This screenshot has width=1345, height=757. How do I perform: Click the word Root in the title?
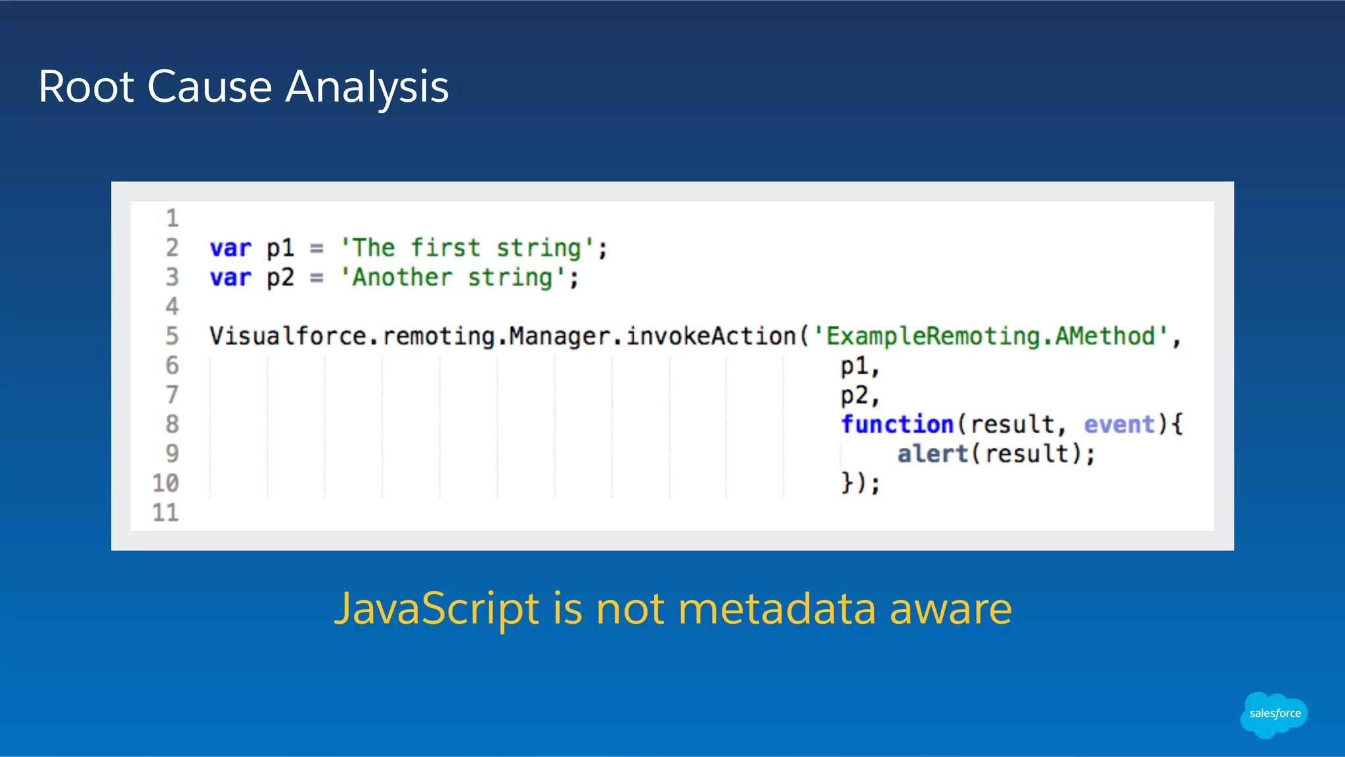86,87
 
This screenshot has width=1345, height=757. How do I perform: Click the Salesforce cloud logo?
1274,714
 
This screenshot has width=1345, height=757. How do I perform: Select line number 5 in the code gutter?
172,336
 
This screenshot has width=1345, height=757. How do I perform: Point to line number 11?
165,512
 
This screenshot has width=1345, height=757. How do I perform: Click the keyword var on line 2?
231,248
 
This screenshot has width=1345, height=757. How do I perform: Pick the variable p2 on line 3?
280,278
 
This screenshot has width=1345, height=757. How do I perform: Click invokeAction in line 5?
711,336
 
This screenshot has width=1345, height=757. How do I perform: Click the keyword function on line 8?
896,424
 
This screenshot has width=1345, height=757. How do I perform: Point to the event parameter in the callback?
1119,424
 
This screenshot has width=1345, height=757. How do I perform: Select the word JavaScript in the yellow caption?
437,609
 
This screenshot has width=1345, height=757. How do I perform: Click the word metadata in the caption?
777,609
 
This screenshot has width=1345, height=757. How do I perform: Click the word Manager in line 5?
560,336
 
